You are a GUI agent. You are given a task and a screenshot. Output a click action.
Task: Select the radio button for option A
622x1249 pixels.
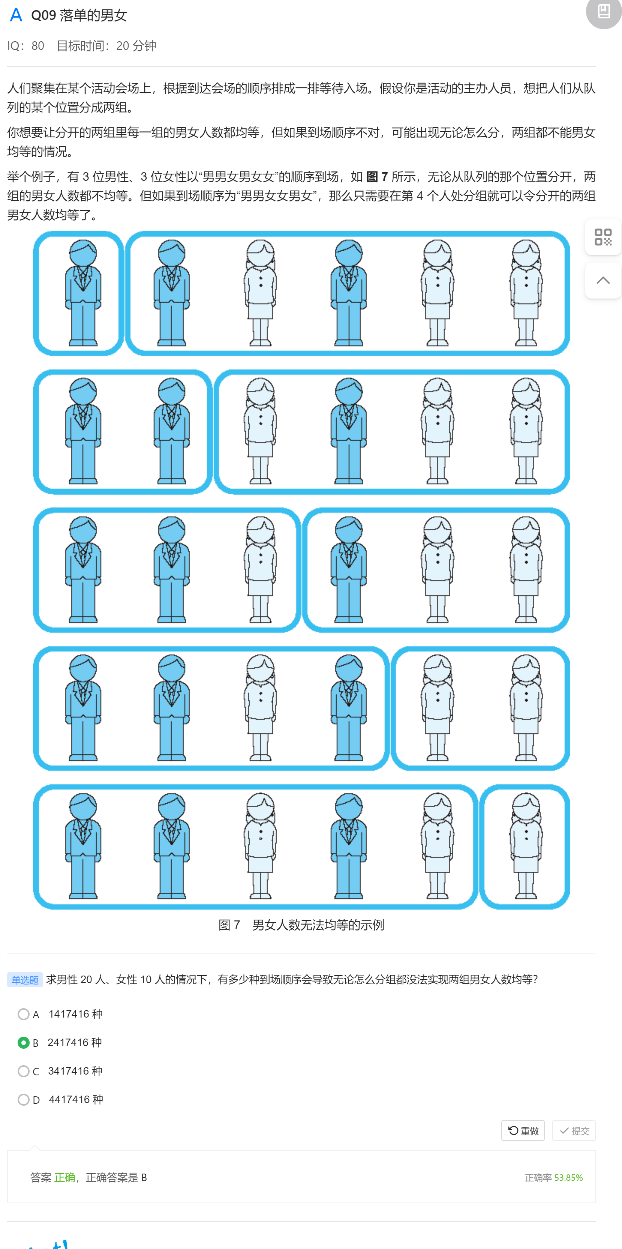click(x=23, y=1014)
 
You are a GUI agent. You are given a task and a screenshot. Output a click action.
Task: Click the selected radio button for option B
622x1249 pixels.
click(x=23, y=1042)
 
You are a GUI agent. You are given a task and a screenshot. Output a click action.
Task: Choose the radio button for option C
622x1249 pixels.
click(x=23, y=1071)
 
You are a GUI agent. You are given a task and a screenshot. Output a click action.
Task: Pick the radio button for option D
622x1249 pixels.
click(x=23, y=1100)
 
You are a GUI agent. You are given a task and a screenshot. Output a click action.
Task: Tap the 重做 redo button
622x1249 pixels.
click(x=523, y=1131)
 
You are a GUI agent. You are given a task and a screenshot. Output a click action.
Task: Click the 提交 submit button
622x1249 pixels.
click(x=574, y=1131)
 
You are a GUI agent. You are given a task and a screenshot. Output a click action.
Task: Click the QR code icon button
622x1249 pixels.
click(x=603, y=237)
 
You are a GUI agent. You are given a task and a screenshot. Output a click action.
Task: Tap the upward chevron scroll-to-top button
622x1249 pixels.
click(x=603, y=281)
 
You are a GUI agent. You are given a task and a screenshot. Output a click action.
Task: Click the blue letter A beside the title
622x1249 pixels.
click(x=16, y=15)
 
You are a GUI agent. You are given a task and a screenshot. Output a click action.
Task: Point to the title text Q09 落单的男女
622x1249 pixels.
click(x=79, y=15)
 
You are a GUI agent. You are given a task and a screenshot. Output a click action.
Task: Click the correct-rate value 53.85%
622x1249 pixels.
click(x=568, y=1178)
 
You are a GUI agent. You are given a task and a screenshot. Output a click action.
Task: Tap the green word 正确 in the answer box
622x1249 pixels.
click(x=64, y=1178)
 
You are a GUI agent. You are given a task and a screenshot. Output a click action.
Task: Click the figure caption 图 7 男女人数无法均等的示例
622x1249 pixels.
click(x=301, y=925)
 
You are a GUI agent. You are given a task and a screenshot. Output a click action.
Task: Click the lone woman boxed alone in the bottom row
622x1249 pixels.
click(x=526, y=846)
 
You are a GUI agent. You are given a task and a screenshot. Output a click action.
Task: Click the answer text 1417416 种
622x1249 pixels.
click(x=76, y=1014)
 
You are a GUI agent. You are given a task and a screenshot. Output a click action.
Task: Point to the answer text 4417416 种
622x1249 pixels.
click(x=76, y=1100)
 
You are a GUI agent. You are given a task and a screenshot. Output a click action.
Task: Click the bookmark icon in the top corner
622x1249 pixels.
click(x=604, y=11)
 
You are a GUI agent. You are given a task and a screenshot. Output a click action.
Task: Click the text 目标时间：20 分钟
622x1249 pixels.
click(x=106, y=46)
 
